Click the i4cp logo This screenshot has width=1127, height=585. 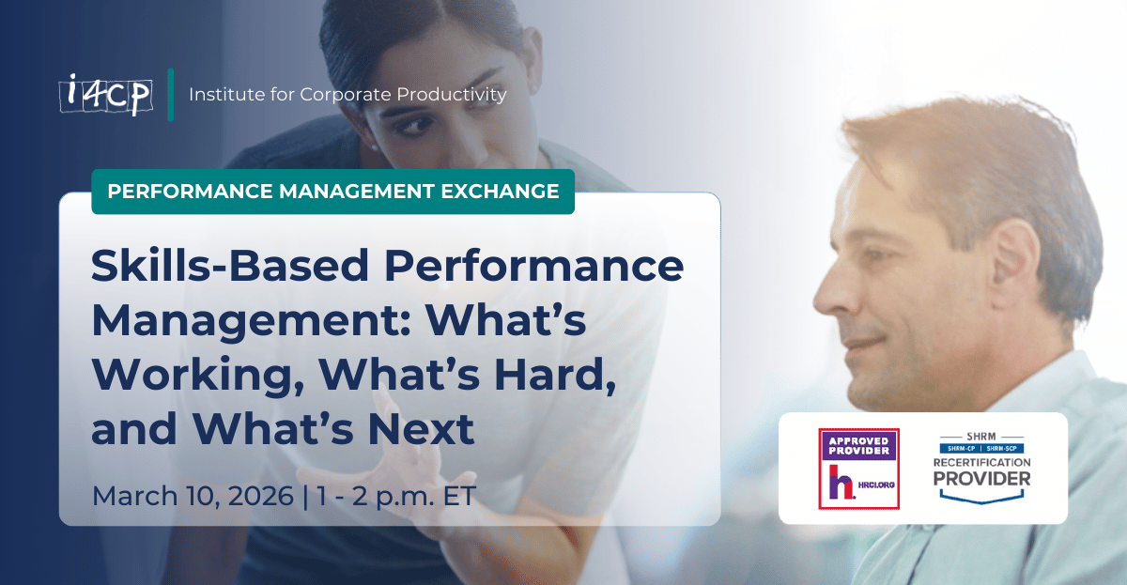click(105, 95)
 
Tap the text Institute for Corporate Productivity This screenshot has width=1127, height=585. click(347, 95)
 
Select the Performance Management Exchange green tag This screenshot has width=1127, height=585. click(332, 192)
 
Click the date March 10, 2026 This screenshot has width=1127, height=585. click(193, 495)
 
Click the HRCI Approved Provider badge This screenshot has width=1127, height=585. click(858, 468)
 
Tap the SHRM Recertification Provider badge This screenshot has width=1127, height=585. click(980, 467)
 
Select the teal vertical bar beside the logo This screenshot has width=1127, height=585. click(171, 95)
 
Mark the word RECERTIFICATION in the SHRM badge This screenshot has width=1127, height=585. click(980, 463)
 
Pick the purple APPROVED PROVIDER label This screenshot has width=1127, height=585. click(858, 443)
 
